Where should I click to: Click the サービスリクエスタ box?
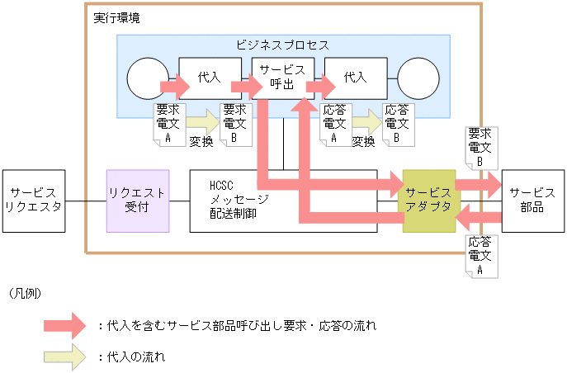pos(33,201)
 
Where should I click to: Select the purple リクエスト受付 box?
pos(138,201)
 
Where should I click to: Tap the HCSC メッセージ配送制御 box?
pos(240,201)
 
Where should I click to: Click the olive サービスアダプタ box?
pos(428,201)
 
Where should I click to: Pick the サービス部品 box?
pos(527,201)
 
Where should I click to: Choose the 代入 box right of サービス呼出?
pos(355,78)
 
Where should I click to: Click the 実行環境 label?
pos(116,17)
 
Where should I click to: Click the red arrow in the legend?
pos(64,326)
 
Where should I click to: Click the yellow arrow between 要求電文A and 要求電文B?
pos(202,123)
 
